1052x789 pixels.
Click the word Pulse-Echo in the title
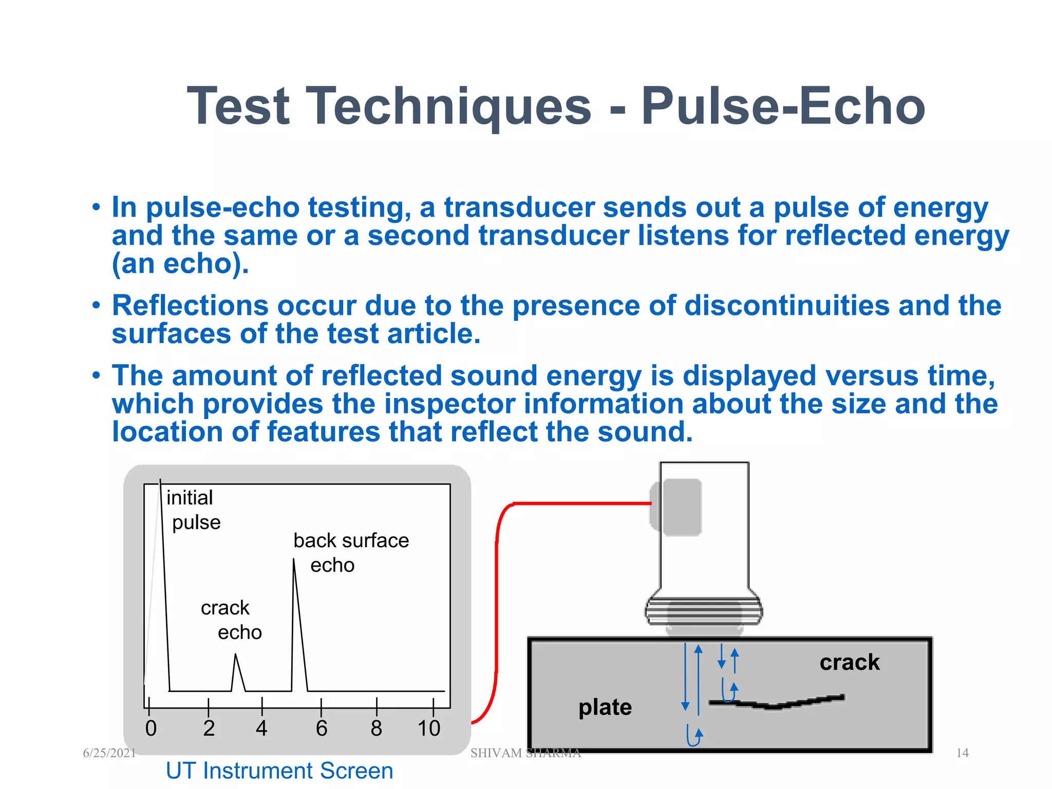pyautogui.click(x=783, y=106)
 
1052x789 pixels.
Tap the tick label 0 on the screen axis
pyautogui.click(x=151, y=728)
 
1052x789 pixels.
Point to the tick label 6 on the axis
pyautogui.click(x=322, y=728)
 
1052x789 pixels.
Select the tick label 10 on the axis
pyautogui.click(x=429, y=728)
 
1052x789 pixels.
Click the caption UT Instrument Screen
pyautogui.click(x=279, y=771)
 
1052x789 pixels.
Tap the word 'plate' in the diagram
pyautogui.click(x=605, y=707)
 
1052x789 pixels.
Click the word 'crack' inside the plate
pyautogui.click(x=849, y=662)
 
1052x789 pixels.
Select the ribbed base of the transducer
pyautogui.click(x=704, y=611)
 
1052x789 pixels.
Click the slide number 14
pyautogui.click(x=962, y=753)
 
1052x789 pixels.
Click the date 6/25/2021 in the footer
pyautogui.click(x=109, y=753)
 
